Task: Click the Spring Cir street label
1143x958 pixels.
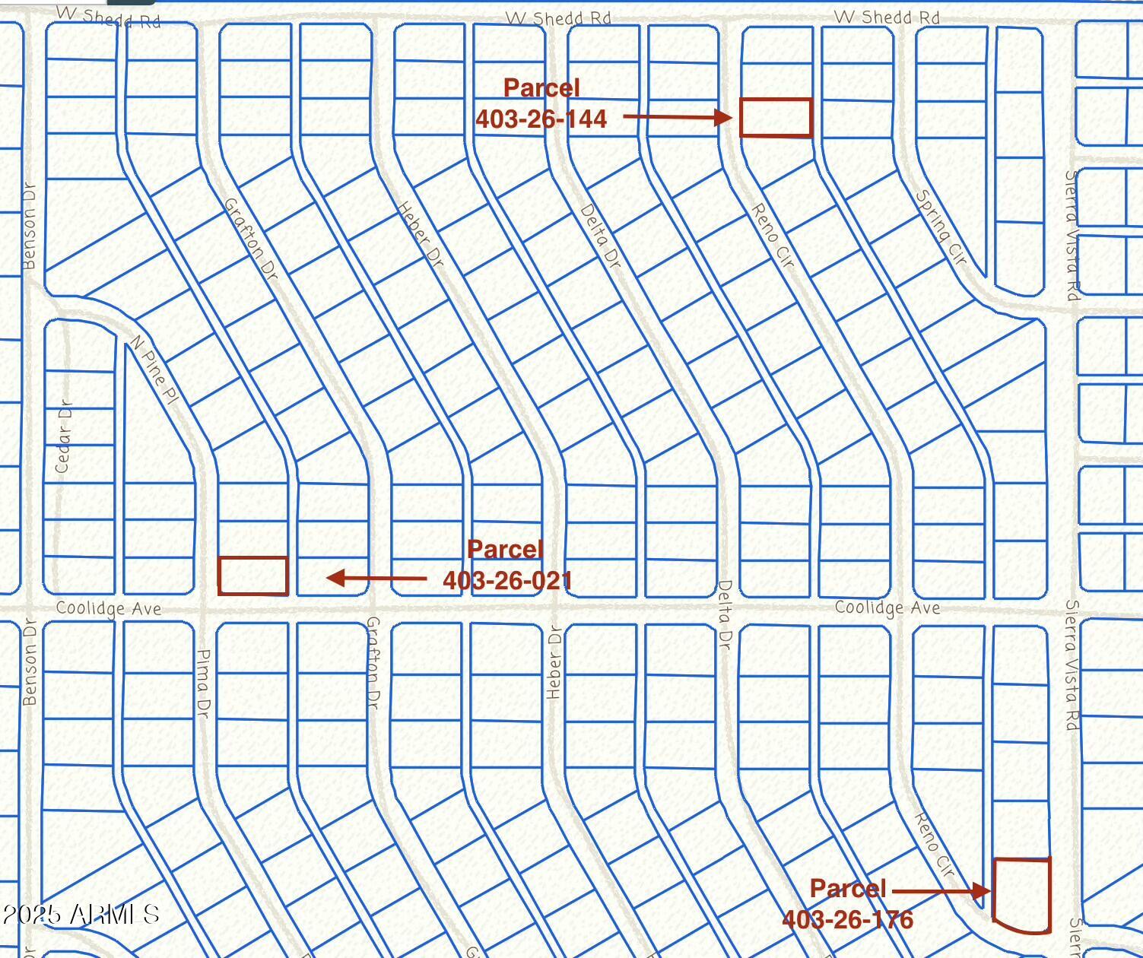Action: tap(941, 228)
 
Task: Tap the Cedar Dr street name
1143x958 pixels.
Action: tap(63, 436)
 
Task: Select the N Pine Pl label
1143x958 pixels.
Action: tap(154, 370)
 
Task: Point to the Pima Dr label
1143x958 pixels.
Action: tap(203, 684)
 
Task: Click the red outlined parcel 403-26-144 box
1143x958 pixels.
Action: tap(776, 118)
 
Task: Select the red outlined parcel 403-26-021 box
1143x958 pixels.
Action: tap(253, 576)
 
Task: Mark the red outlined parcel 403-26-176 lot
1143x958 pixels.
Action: tap(1021, 895)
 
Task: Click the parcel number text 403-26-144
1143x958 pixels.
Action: tap(541, 119)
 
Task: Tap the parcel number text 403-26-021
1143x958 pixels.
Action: tap(506, 581)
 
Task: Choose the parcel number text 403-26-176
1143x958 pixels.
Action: tap(847, 920)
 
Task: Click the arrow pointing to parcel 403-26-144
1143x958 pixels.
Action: tap(677, 117)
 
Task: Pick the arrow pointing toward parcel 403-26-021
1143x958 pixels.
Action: tap(376, 579)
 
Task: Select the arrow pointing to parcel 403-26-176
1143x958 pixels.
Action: tap(941, 890)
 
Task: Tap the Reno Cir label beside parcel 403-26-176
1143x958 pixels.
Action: tap(934, 844)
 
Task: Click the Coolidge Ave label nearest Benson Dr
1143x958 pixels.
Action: tap(109, 609)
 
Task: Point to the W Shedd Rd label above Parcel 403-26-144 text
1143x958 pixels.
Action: tap(558, 18)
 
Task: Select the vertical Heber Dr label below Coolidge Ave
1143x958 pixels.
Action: tap(554, 661)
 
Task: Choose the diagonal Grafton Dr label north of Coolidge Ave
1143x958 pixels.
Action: tap(252, 238)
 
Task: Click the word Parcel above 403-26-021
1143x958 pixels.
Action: tap(505, 549)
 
